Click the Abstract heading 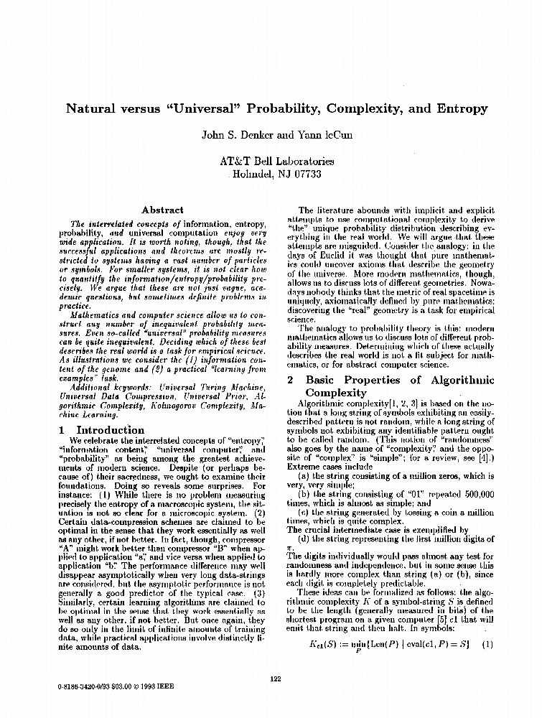(x=162, y=210)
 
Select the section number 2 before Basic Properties (x=290, y=380)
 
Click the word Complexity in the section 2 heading (x=336, y=393)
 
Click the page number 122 (x=275, y=679)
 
